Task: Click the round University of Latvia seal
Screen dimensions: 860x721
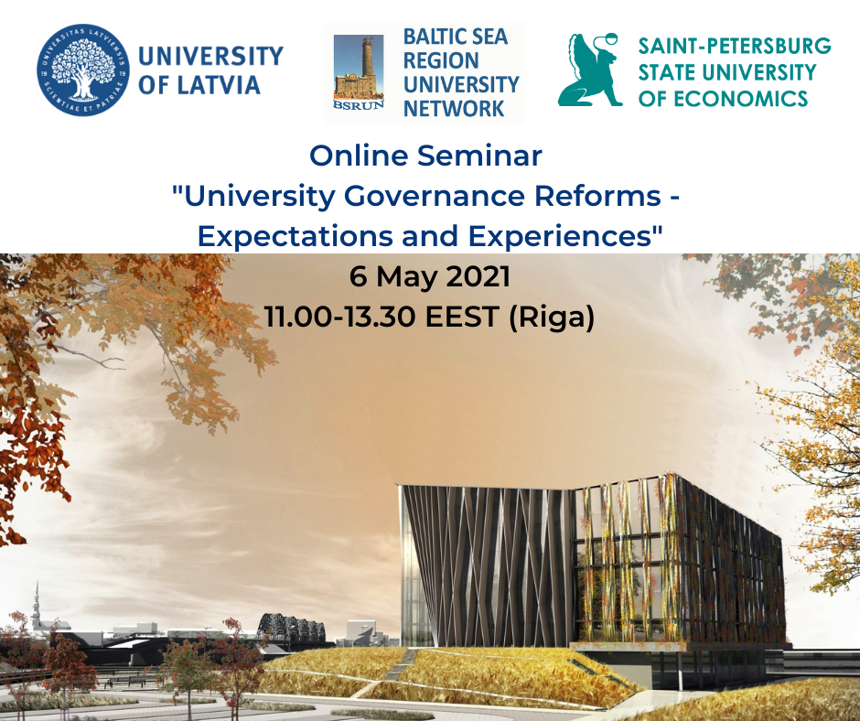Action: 83,70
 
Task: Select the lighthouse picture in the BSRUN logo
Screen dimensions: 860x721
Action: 359,68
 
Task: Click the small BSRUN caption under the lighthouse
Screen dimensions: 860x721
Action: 359,105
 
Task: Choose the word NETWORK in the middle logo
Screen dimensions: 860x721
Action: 454,109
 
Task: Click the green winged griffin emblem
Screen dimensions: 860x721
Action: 589,70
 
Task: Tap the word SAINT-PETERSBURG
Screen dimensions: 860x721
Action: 735,46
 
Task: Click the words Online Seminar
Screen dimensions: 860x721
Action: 425,156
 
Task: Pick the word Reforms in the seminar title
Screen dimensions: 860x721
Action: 597,196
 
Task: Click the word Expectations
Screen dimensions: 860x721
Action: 296,236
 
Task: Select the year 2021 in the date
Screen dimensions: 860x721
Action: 478,276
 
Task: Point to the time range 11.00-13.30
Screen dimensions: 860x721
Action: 340,317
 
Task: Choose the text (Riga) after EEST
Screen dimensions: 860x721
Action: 552,317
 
